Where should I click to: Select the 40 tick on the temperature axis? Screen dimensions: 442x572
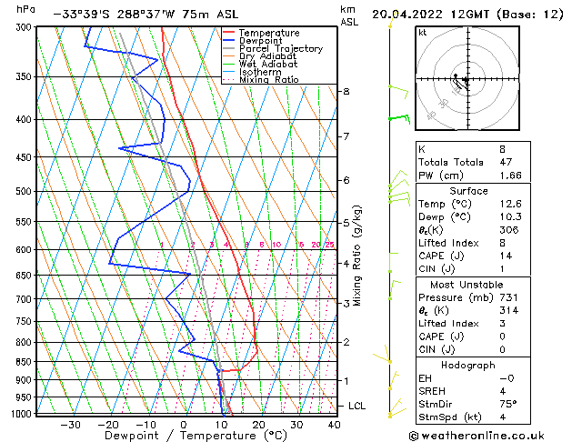pyautogui.click(x=334, y=425)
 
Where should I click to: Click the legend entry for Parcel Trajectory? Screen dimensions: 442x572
pyautogui.click(x=281, y=49)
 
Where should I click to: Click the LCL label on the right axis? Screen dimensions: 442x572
pyautogui.click(x=358, y=406)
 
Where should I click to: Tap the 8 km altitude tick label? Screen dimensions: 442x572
pyautogui.click(x=346, y=92)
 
